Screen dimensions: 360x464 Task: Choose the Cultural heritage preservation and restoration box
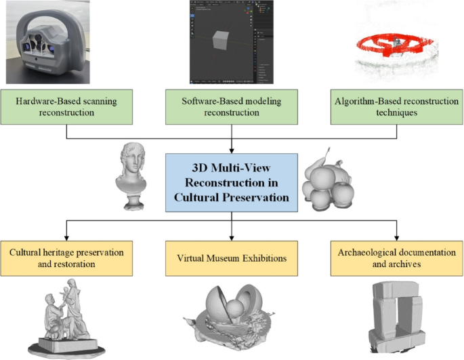(x=66, y=258)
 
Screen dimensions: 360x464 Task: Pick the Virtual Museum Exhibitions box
(x=232, y=258)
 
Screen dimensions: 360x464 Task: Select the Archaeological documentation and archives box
(x=397, y=258)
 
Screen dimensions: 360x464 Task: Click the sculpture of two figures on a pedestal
(x=64, y=319)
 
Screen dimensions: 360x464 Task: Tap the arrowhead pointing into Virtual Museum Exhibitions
(x=232, y=236)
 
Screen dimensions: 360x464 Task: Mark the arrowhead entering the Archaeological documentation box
(x=397, y=236)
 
